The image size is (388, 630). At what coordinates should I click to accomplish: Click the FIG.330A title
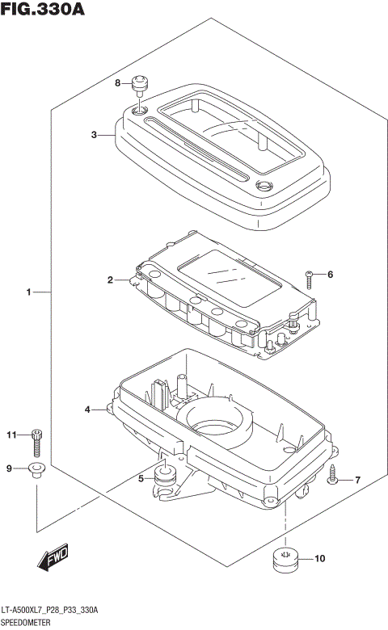pyautogui.click(x=43, y=9)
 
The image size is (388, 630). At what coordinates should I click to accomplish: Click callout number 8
pyautogui.click(x=117, y=82)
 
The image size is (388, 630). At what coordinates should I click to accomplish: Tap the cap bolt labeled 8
pyautogui.click(x=141, y=86)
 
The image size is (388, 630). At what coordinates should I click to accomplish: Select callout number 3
pyautogui.click(x=94, y=135)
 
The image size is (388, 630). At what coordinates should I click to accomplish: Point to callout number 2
pyautogui.click(x=110, y=279)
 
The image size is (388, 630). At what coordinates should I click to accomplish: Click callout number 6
pyautogui.click(x=330, y=275)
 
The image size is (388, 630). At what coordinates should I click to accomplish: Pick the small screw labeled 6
pyautogui.click(x=309, y=280)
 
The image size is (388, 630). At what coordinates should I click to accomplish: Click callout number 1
pyautogui.click(x=28, y=292)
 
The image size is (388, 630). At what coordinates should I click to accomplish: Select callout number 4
pyautogui.click(x=87, y=409)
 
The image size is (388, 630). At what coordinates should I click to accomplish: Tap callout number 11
pyautogui.click(x=11, y=435)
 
